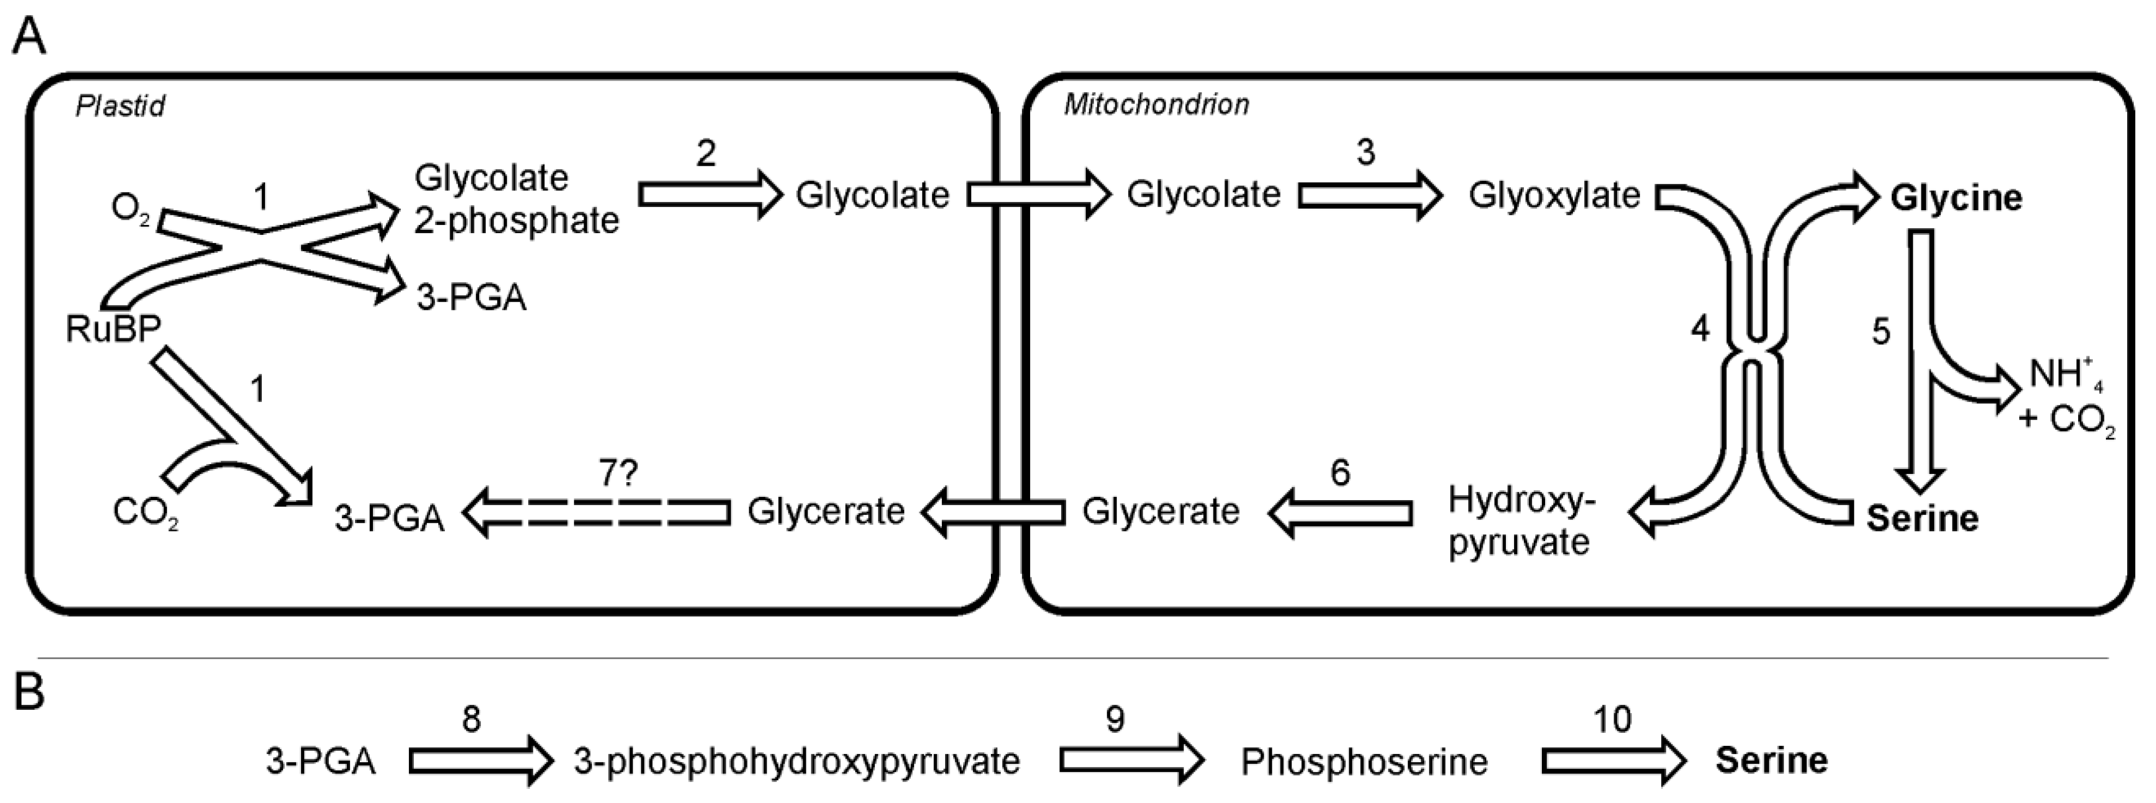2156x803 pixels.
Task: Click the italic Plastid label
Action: pyautogui.click(x=120, y=106)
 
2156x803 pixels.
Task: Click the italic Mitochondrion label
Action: pyautogui.click(x=1156, y=105)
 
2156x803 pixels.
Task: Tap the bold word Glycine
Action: pyautogui.click(x=1956, y=198)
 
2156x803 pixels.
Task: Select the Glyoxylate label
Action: pyautogui.click(x=1554, y=195)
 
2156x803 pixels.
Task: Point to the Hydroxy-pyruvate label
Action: pyautogui.click(x=1518, y=521)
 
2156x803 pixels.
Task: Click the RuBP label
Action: pyautogui.click(x=113, y=329)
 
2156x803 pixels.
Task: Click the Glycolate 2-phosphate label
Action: pyautogui.click(x=516, y=199)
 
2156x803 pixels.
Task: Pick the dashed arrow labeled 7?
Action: pyautogui.click(x=596, y=513)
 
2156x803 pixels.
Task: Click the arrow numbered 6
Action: pyautogui.click(x=1340, y=513)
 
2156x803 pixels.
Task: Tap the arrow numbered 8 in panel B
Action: pyautogui.click(x=480, y=761)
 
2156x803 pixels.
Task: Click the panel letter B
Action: pyautogui.click(x=29, y=693)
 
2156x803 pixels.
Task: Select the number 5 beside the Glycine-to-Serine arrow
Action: pyautogui.click(x=1881, y=332)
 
